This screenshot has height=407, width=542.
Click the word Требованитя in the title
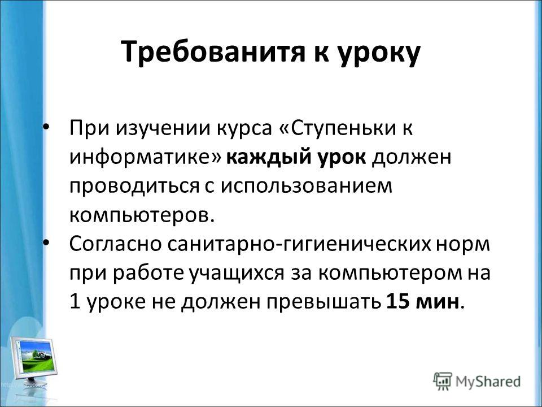tap(213, 52)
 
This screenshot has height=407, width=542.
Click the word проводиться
tap(135, 187)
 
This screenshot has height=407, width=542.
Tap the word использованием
tap(307, 187)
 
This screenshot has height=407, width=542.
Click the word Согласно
tap(115, 245)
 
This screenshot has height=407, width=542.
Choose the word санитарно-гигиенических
tap(299, 245)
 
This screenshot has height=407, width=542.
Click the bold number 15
tap(398, 301)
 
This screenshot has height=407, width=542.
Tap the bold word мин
tap(437, 302)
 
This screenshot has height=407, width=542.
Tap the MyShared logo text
tap(488, 382)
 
